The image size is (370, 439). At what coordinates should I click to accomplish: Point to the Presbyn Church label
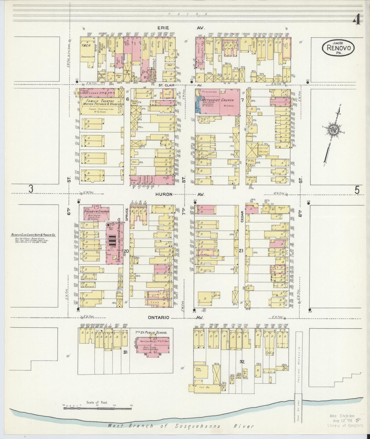coord(97,212)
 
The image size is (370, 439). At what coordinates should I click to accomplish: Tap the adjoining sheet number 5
coord(357,190)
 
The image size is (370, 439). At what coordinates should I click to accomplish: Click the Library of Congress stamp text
coord(345,425)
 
